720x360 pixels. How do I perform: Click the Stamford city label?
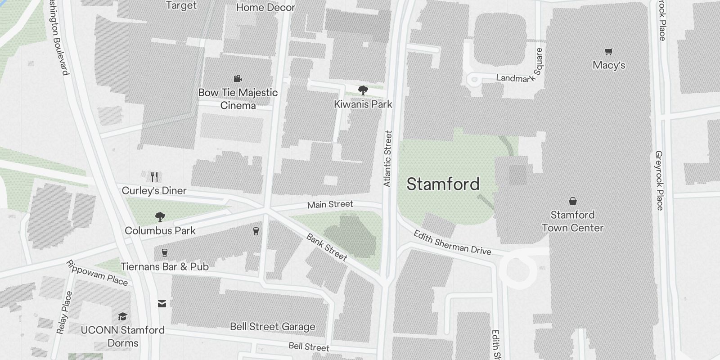pos(443,184)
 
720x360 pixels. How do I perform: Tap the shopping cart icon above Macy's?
pos(609,51)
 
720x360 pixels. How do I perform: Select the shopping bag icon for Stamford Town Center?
pos(572,201)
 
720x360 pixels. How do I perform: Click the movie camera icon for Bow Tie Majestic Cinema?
pos(238,79)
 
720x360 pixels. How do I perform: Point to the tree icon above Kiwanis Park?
pos(363,90)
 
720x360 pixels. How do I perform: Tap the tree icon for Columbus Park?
pos(160,217)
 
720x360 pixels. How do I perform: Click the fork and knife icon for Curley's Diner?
pos(154,176)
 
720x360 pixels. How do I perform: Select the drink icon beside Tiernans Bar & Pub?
pos(165,253)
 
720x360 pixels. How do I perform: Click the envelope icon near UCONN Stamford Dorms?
pos(162,304)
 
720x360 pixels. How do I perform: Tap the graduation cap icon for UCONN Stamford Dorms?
pos(122,316)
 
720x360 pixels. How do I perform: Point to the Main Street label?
pos(330,204)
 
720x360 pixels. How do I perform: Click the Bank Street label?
pos(327,247)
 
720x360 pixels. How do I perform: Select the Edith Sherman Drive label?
pos(452,243)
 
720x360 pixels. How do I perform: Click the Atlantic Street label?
pos(388,158)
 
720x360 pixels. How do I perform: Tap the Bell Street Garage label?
pos(272,327)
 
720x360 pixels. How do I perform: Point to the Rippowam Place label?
pos(97,273)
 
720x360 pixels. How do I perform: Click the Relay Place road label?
pos(64,313)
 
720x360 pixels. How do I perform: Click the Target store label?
pos(181,5)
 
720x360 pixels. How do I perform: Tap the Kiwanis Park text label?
pos(363,104)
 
